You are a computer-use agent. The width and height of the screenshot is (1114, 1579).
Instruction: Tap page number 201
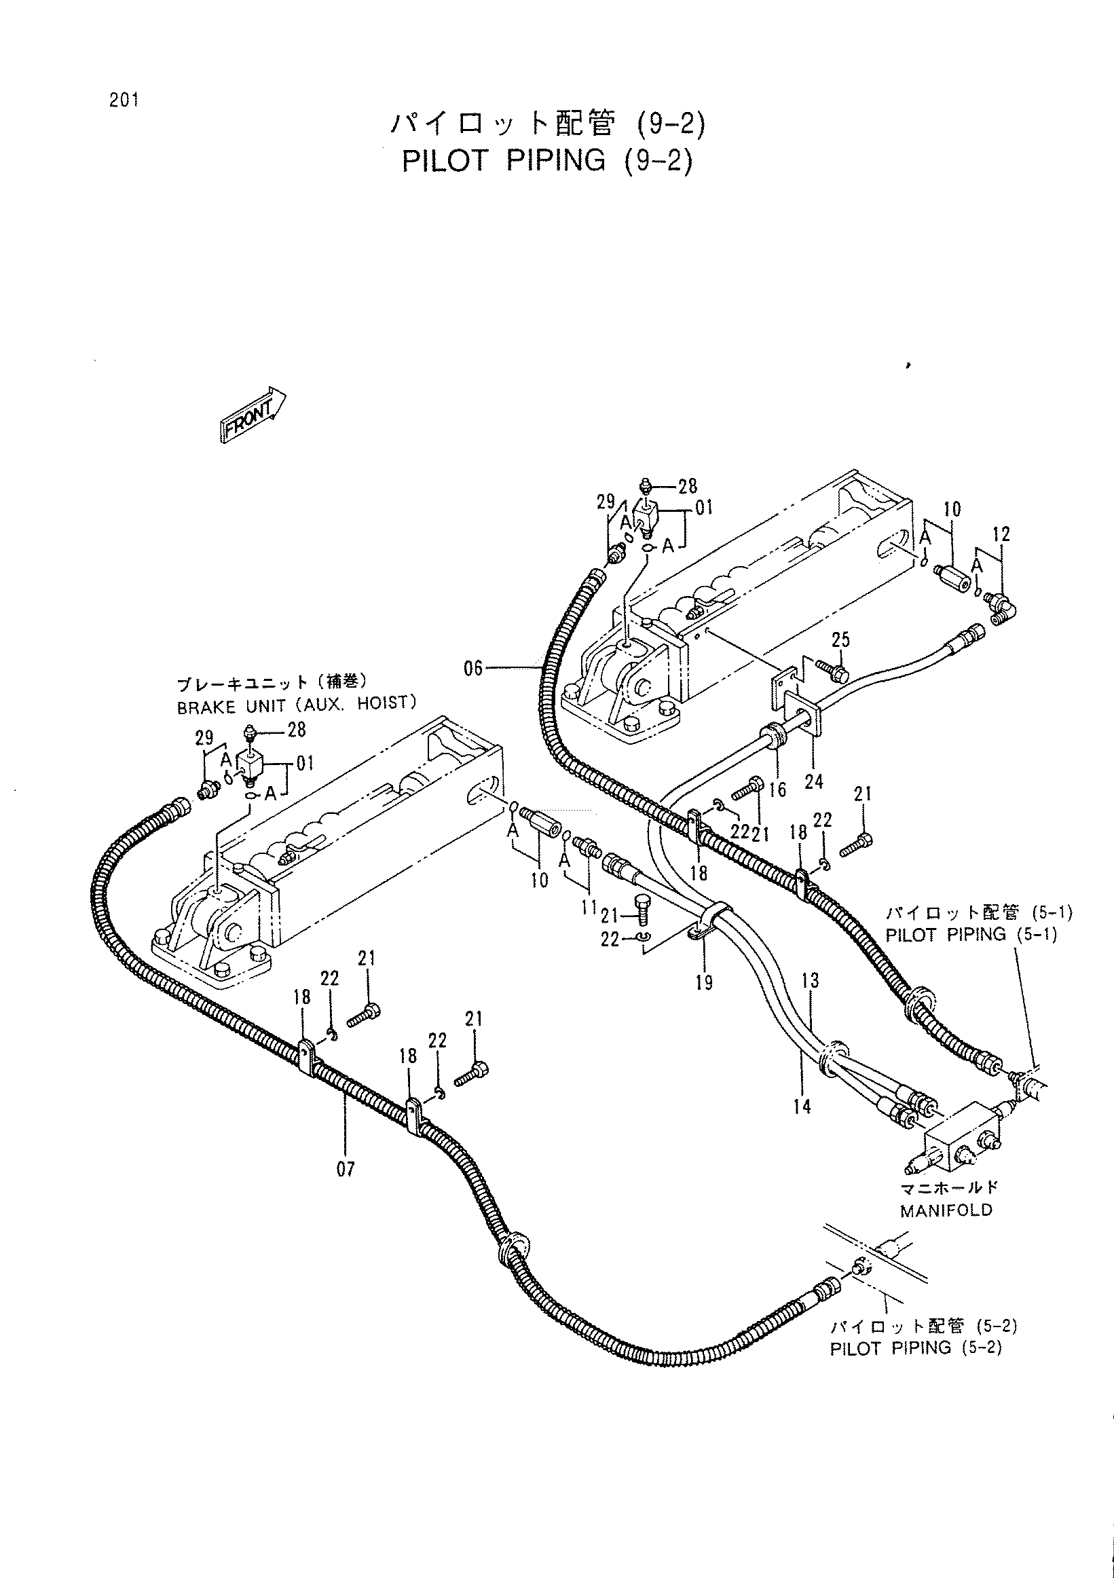[x=124, y=100]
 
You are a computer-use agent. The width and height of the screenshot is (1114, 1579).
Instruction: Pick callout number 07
[x=346, y=1168]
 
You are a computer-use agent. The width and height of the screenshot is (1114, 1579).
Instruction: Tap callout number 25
[x=840, y=639]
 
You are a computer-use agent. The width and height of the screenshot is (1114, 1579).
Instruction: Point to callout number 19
[x=703, y=983]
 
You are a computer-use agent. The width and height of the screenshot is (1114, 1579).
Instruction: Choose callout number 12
[x=1001, y=534]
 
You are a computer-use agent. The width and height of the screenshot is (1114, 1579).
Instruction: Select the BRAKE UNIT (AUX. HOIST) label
[x=297, y=706]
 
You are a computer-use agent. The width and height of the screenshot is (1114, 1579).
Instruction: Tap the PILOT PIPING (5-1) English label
[x=971, y=934]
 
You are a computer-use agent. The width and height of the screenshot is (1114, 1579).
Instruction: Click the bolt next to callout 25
[x=833, y=672]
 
